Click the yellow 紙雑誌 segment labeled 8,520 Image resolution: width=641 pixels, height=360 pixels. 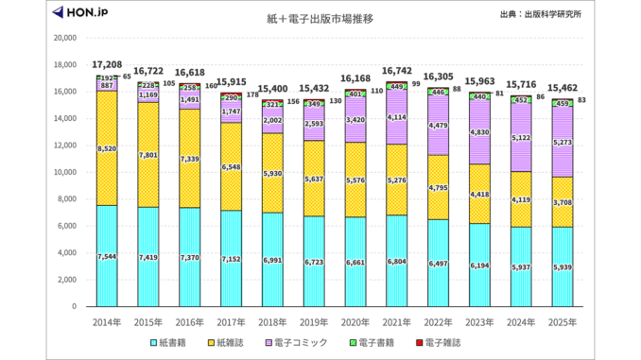106,148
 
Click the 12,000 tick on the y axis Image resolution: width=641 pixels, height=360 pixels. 64,146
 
